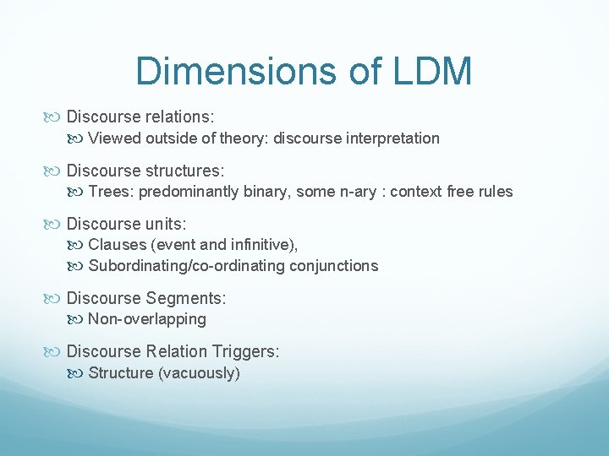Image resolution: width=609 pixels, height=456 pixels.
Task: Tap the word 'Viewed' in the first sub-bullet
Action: pyautogui.click(x=113, y=138)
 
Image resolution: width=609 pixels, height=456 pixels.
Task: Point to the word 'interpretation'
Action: pyautogui.click(x=394, y=138)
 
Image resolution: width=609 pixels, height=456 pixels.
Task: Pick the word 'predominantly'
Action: pyautogui.click(x=189, y=192)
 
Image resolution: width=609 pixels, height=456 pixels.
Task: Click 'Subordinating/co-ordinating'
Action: pyautogui.click(x=186, y=266)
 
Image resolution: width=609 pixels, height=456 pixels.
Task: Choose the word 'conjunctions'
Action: pyautogui.click(x=333, y=266)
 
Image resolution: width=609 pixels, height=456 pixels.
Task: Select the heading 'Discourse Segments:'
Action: pyautogui.click(x=145, y=297)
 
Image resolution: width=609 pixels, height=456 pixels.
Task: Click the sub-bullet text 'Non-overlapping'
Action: pyautogui.click(x=147, y=319)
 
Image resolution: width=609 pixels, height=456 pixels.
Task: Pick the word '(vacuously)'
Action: pyautogui.click(x=200, y=373)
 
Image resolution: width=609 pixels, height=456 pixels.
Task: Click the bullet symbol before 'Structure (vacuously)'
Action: pyautogui.click(x=79, y=373)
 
